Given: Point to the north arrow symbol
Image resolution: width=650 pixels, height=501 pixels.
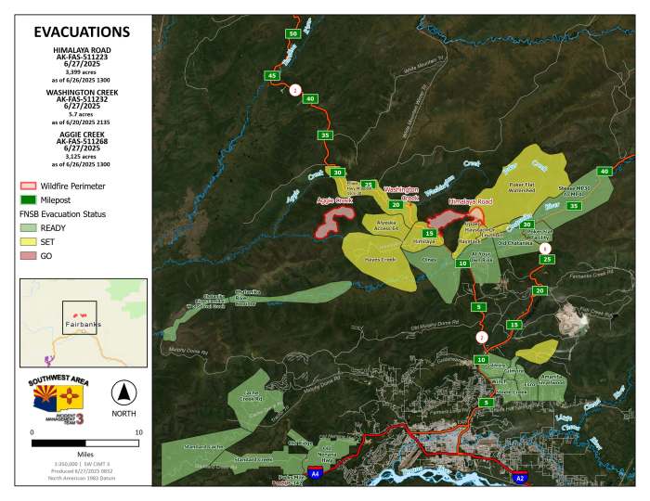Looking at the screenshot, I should point(123,391).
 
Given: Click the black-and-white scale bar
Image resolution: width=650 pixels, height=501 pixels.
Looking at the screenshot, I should point(84,443).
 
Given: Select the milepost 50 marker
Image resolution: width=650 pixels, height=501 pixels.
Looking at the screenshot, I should point(292,33).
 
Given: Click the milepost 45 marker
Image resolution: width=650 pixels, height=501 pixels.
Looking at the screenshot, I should point(271,75).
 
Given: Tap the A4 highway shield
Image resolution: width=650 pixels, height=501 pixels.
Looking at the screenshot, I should point(315,473).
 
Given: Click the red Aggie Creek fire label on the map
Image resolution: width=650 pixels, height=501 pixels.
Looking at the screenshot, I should point(335,199).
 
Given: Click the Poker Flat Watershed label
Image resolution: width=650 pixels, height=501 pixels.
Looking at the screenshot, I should point(527,185).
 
